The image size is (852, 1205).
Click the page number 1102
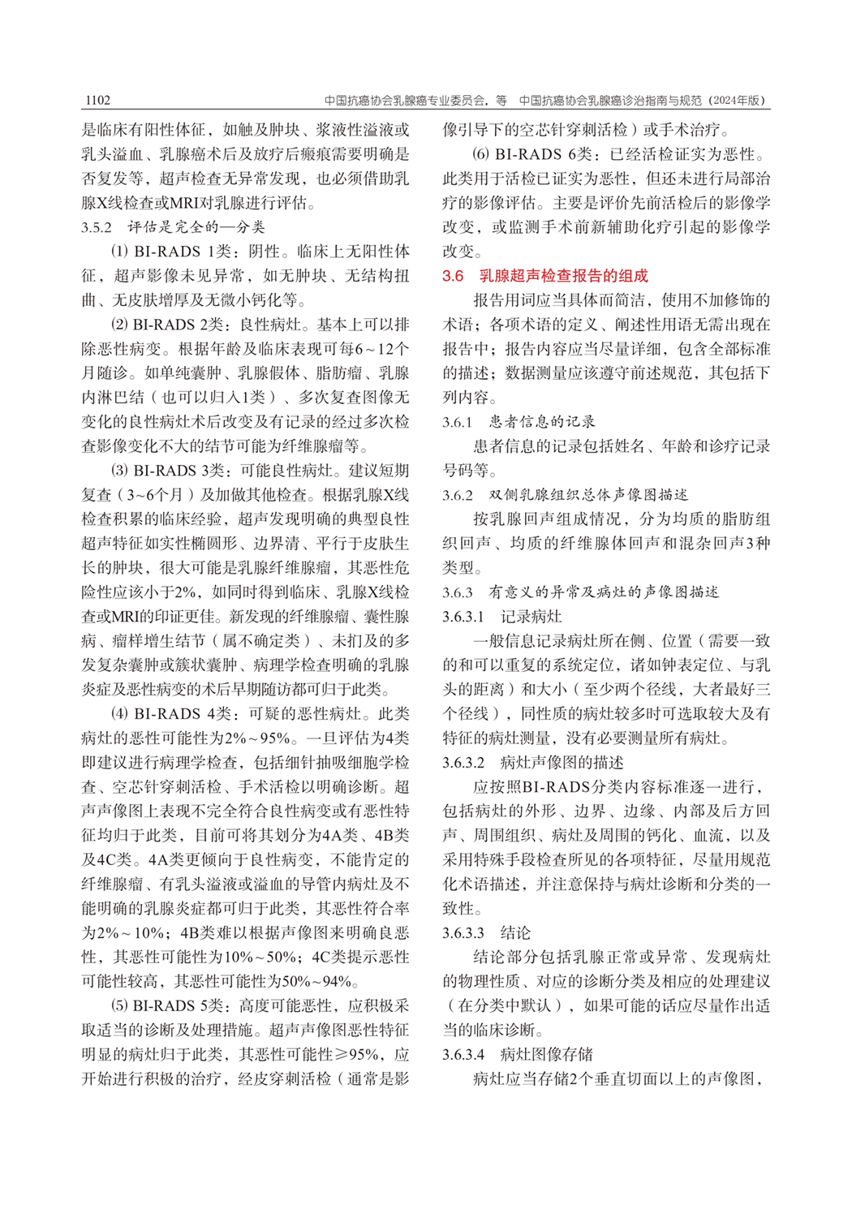point(96,101)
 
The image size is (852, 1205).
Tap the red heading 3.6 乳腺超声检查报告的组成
point(544,276)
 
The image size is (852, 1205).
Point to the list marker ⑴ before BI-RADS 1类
point(120,252)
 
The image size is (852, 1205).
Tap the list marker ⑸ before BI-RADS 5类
point(120,1006)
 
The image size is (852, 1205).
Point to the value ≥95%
point(363,1055)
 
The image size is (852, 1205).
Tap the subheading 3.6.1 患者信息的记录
point(519,422)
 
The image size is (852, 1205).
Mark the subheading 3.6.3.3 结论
point(486,933)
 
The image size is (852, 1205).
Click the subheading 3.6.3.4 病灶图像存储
point(517,1055)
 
